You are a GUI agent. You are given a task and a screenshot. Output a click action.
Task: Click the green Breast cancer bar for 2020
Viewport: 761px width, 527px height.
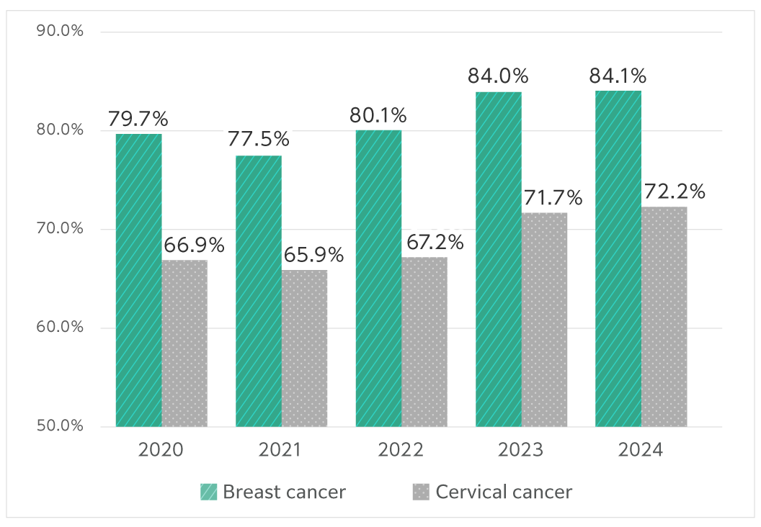(138, 280)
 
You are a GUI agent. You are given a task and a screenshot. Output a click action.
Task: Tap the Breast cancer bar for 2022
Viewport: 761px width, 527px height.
(378, 278)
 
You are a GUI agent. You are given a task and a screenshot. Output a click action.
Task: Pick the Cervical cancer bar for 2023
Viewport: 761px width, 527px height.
(544, 320)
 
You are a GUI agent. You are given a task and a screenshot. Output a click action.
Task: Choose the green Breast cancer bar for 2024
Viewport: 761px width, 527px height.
(618, 258)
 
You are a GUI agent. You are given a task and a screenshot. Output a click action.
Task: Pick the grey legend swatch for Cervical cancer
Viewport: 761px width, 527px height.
(421, 492)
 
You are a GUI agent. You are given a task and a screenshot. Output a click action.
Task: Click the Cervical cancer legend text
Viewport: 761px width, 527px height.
(504, 492)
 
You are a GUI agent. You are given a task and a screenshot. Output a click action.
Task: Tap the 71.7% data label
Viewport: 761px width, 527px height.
(553, 197)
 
